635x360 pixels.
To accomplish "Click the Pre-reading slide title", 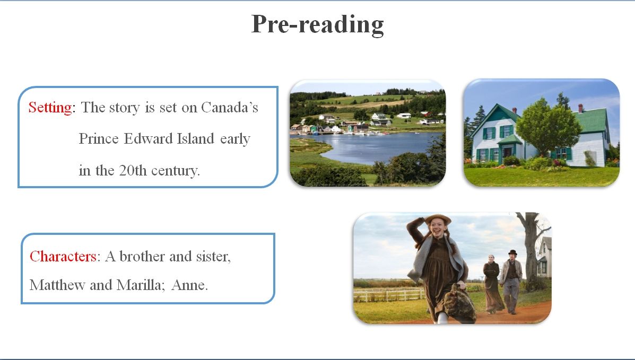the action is tap(317, 24).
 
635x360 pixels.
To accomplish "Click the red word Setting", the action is tap(50, 107).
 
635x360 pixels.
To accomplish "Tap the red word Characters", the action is tap(63, 256).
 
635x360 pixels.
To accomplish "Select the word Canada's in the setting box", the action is tap(229, 107).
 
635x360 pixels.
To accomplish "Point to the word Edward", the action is tap(148, 138).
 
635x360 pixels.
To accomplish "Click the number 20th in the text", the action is tap(133, 170).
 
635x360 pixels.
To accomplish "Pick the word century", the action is tap(176, 171).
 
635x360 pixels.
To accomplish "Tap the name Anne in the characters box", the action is tap(189, 285).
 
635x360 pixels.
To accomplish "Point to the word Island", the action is tap(195, 138).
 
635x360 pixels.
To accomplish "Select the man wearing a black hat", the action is tap(511, 282).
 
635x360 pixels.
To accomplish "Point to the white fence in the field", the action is tap(387, 295).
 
